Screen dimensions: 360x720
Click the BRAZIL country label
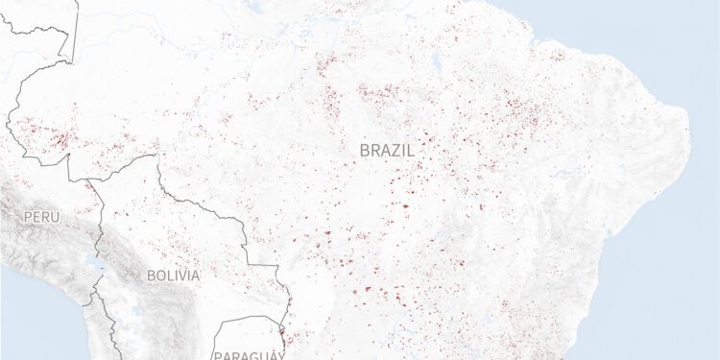tap(387, 151)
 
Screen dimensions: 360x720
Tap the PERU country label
tap(41, 218)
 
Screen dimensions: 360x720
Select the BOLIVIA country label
tap(174, 276)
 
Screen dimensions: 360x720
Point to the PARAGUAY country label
tap(250, 355)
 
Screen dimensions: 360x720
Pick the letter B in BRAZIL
tap(365, 151)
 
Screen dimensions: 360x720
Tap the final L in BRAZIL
tap(410, 151)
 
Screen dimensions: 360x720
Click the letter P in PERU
tap(29, 218)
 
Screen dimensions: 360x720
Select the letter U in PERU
tap(55, 218)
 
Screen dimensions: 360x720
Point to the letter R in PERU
tap(46, 218)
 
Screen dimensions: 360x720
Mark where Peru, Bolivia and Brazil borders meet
tap(87, 179)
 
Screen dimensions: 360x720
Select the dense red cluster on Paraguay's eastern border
tap(281, 336)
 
